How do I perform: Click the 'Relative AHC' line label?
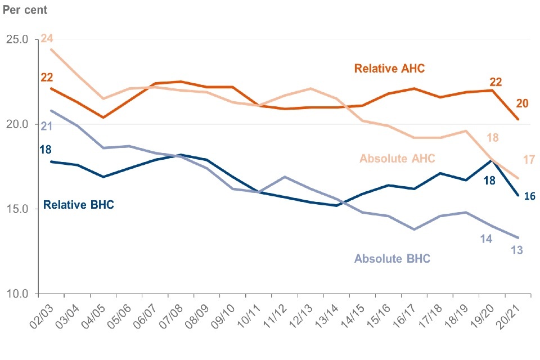tap(389, 69)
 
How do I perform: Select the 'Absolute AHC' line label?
tap(398, 159)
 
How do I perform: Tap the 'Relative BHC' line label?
tap(79, 204)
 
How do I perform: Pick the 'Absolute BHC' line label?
tap(392, 259)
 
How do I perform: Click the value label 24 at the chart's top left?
tap(47, 39)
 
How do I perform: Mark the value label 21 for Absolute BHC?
tap(47, 126)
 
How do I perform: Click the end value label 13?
tap(517, 250)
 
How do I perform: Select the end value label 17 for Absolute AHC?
tap(529, 160)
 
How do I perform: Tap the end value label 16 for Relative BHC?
tap(529, 196)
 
